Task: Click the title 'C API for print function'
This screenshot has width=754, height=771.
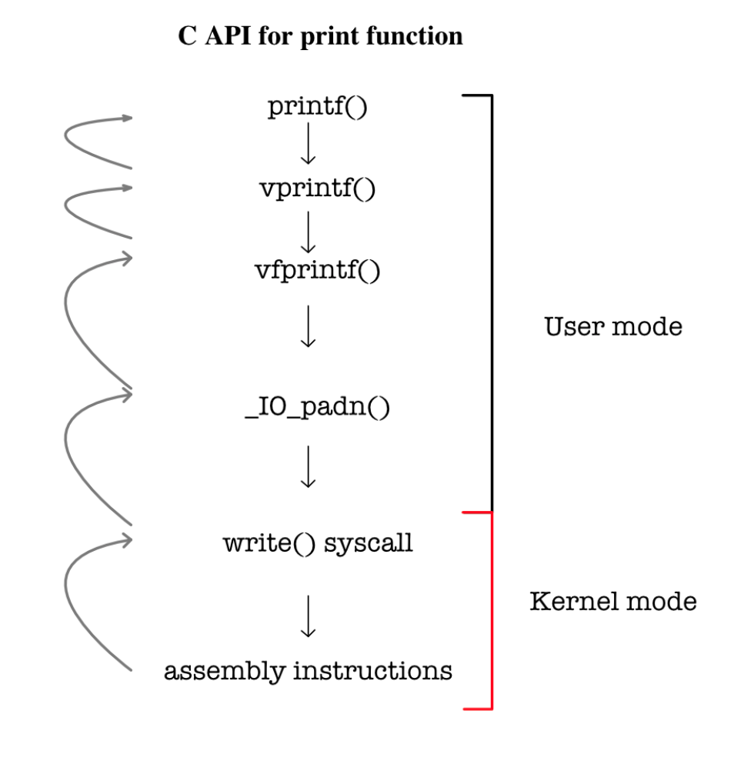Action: (320, 36)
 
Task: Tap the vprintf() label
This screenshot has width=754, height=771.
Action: (318, 188)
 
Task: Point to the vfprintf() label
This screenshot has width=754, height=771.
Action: (318, 270)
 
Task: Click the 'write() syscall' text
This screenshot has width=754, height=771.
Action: (318, 543)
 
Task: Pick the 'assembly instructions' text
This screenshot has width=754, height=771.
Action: (308, 670)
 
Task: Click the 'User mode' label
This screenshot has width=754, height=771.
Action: (613, 327)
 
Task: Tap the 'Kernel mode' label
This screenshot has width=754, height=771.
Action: (613, 601)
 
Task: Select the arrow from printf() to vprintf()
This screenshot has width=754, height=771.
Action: (308, 145)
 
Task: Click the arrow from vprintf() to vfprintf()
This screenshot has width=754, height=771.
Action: (308, 232)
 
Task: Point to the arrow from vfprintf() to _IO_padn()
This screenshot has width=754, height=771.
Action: (308, 326)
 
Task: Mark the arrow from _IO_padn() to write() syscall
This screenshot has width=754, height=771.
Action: (308, 466)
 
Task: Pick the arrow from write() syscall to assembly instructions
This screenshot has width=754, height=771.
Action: (308, 616)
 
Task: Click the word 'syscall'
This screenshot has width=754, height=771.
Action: (369, 544)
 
